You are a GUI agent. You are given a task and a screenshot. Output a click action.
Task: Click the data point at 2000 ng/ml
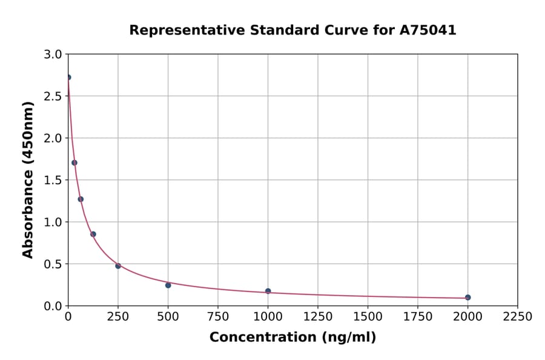click(467, 298)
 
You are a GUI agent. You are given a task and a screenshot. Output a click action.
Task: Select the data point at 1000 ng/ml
click(268, 291)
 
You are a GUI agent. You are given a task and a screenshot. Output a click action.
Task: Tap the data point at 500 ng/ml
click(168, 285)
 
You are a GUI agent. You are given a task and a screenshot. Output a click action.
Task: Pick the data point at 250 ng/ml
click(118, 265)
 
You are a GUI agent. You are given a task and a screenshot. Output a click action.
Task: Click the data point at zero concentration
click(68, 78)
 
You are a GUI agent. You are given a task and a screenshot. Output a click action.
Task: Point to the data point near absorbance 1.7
click(74, 162)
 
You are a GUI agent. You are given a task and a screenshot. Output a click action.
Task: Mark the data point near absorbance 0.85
click(93, 234)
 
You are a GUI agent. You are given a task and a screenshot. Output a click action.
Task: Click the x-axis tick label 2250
click(517, 317)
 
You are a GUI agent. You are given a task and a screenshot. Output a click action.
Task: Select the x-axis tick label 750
click(218, 317)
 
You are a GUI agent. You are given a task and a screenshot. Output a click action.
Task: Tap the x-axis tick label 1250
click(317, 317)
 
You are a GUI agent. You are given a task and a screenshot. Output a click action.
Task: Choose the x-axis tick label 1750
click(417, 317)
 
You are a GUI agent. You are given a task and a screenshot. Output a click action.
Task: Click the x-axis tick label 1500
click(368, 317)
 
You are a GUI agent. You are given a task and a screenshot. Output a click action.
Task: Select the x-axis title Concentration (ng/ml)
click(292, 338)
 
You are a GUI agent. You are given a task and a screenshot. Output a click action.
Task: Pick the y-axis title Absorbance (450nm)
click(28, 180)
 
